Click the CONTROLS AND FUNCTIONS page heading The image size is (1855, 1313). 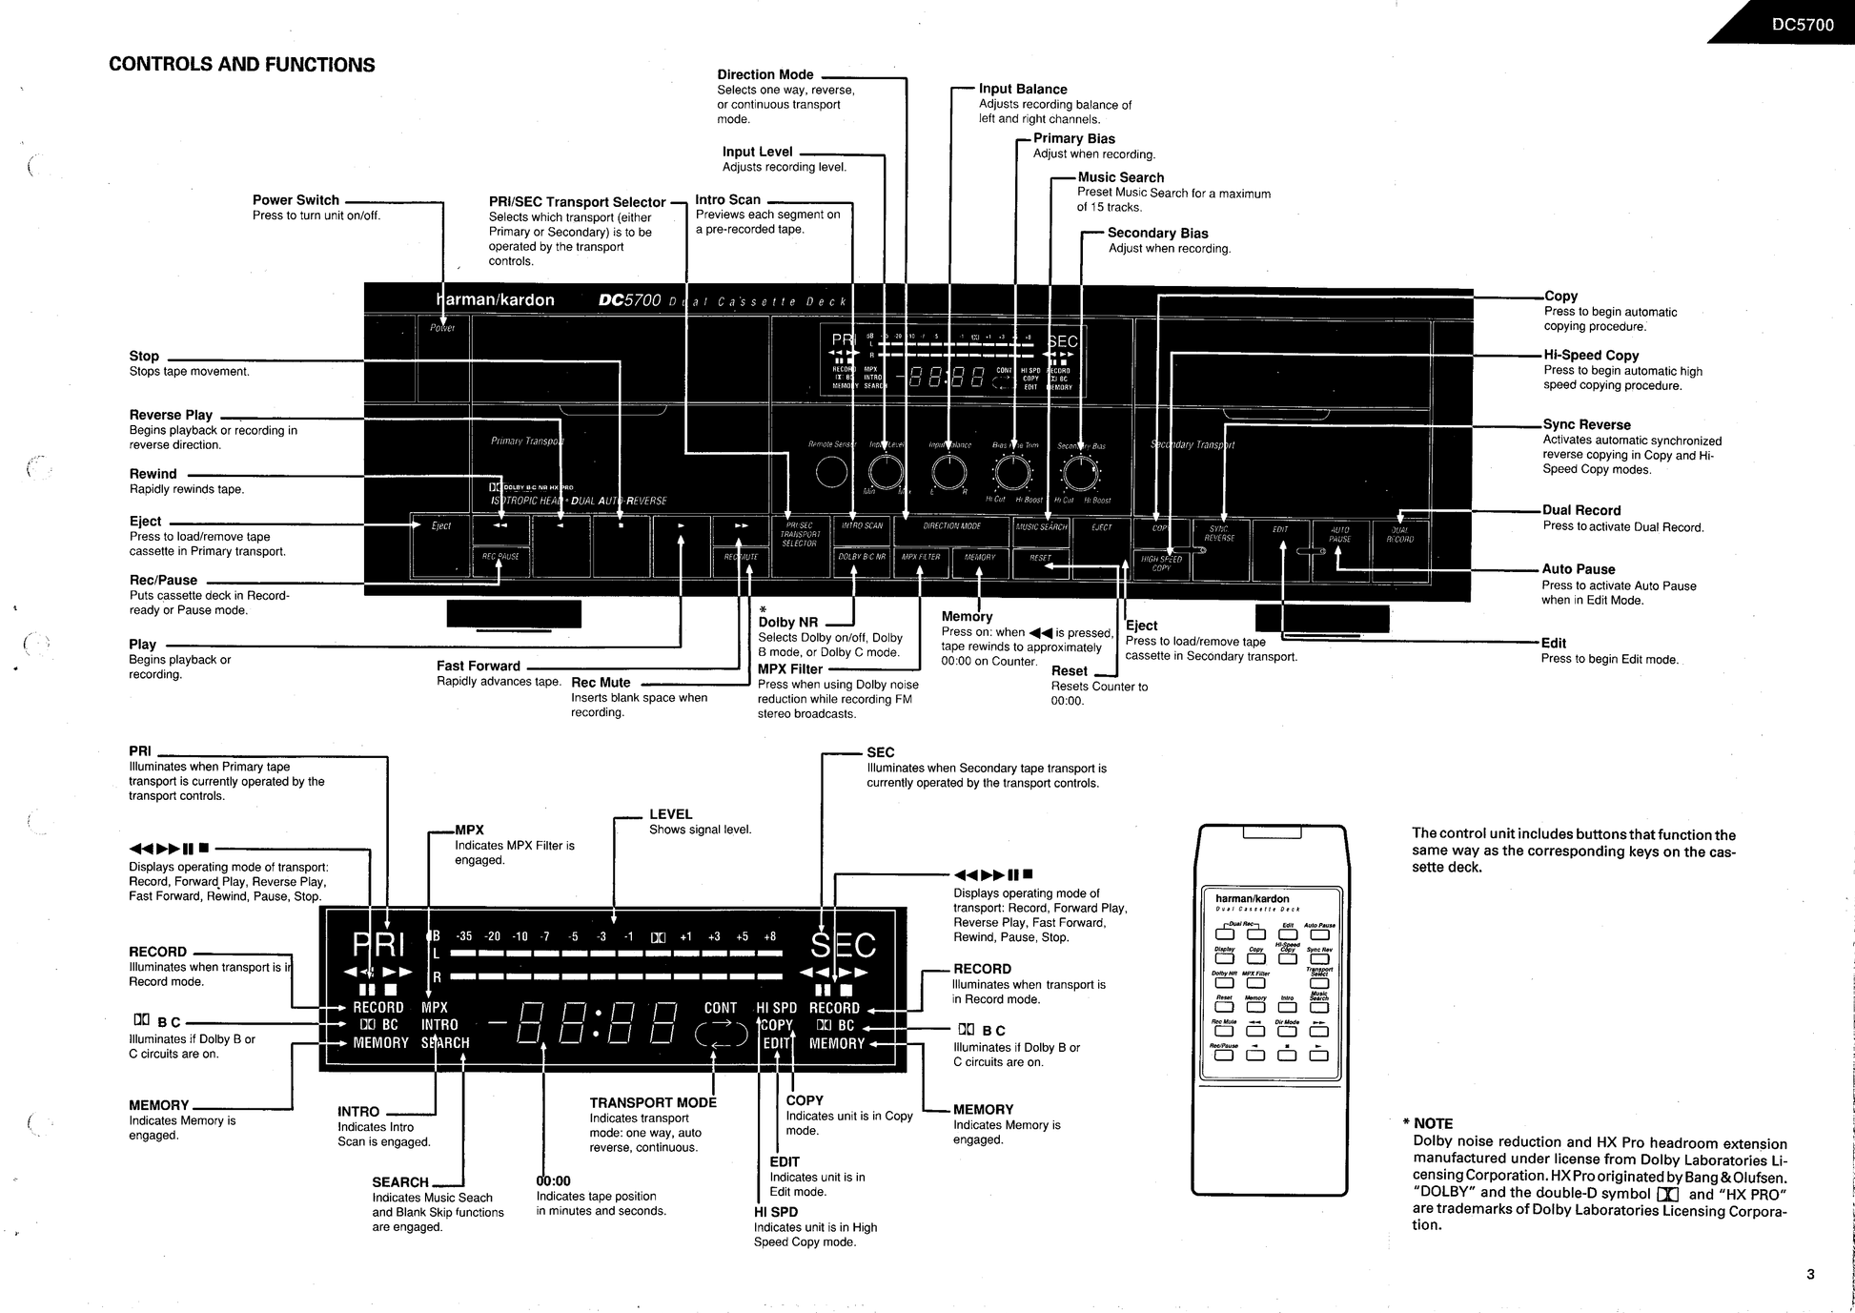coord(242,65)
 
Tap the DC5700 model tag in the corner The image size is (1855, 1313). coord(1803,25)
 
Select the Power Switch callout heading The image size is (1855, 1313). coord(296,200)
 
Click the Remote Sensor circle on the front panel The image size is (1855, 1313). coord(831,472)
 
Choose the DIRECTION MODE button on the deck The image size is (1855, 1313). coord(951,526)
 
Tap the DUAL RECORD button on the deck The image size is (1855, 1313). coord(1399,535)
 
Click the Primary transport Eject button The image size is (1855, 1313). coord(440,526)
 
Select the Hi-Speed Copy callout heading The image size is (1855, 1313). coord(1591,356)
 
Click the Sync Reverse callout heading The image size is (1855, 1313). coord(1586,425)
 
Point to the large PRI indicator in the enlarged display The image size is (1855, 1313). coord(378,945)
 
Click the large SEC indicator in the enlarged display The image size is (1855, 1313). coord(843,946)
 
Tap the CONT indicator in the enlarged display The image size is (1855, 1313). coord(721,1008)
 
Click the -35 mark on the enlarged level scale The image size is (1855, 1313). coord(464,936)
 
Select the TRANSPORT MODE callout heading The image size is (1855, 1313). coord(653,1103)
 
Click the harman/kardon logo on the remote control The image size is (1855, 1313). coord(1252,898)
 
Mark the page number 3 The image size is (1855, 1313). coord(1810,1274)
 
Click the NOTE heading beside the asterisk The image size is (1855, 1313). coord(1433,1123)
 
